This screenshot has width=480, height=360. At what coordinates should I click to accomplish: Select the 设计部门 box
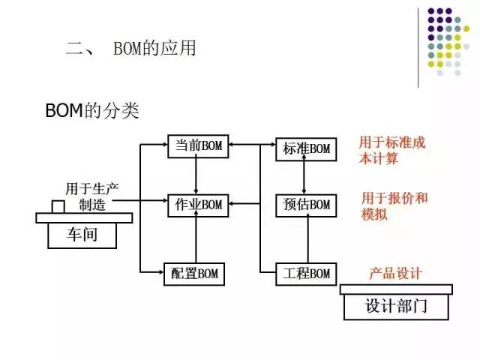[396, 306]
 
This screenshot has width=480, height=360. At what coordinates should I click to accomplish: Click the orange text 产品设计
[395, 273]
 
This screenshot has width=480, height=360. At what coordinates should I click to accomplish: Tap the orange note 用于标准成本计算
[391, 150]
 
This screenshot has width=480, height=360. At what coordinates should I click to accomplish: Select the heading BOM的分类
[92, 111]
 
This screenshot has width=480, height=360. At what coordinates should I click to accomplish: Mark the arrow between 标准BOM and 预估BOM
[303, 176]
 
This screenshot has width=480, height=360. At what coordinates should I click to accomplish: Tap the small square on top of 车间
[58, 206]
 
